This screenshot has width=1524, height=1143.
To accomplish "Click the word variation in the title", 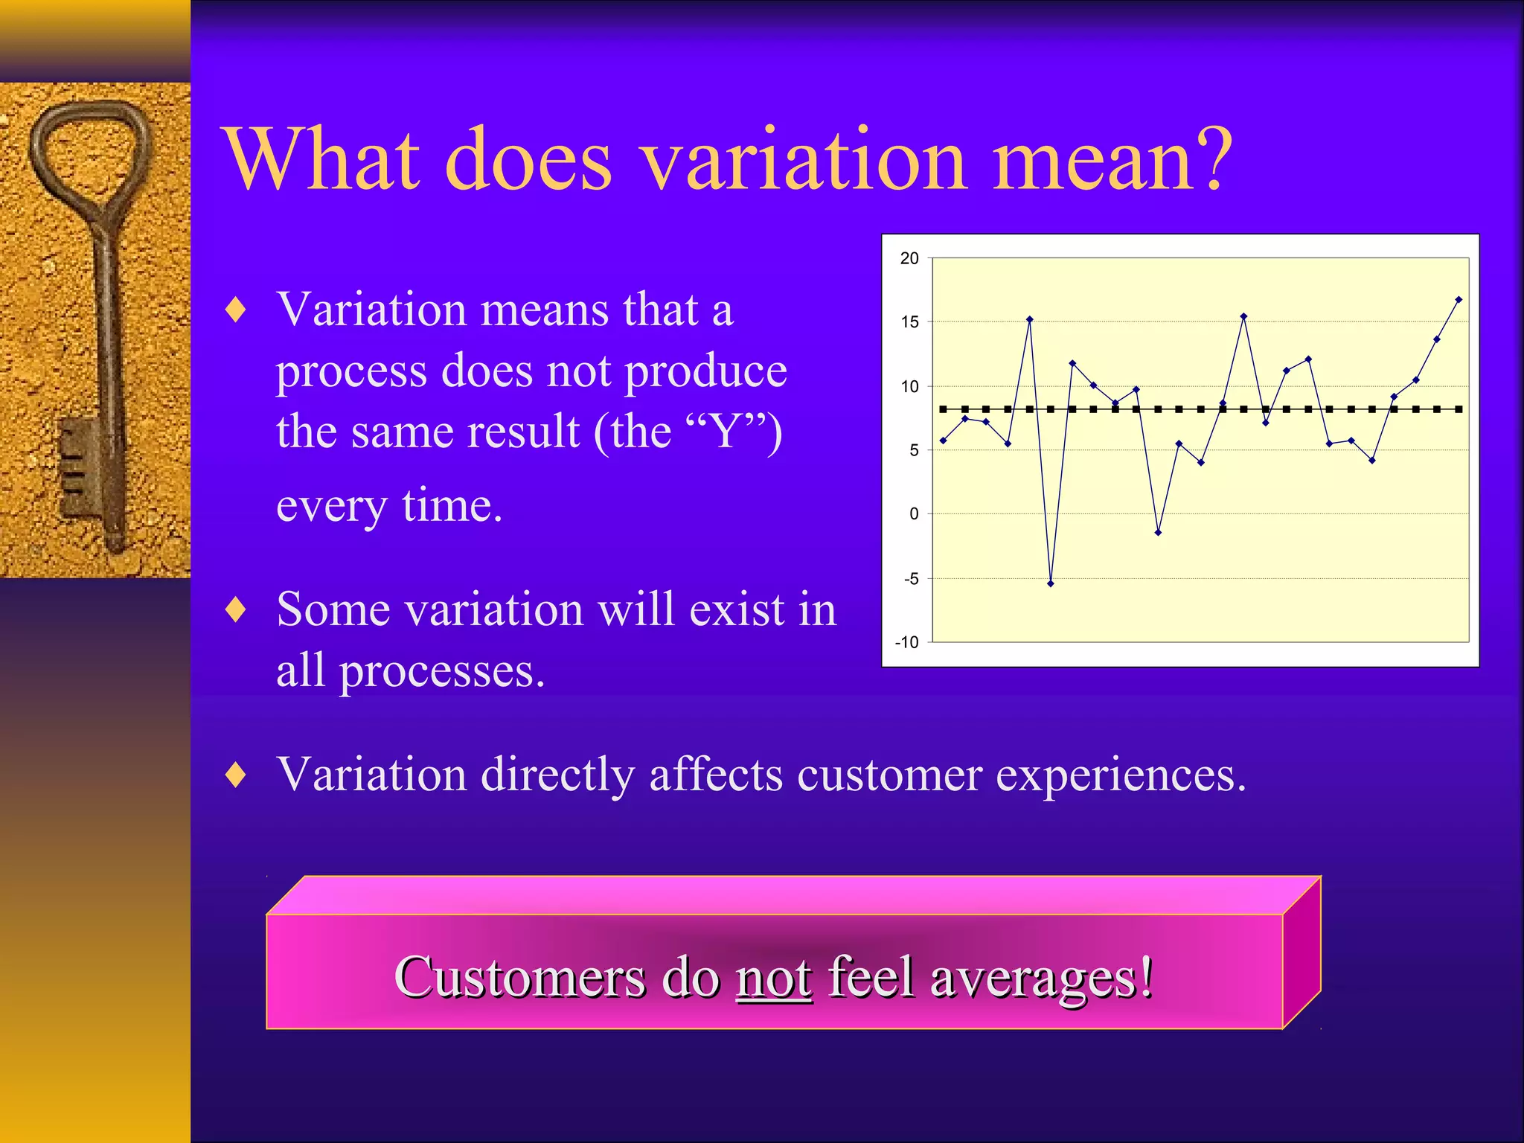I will [x=804, y=160].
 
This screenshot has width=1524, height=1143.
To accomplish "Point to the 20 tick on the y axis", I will [x=909, y=258].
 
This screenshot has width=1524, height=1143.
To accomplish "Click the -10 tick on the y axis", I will [x=907, y=642].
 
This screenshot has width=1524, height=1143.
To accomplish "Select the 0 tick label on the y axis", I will [x=914, y=514].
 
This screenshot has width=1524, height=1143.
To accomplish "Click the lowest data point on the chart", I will [x=1051, y=584].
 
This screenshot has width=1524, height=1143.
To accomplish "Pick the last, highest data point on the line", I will [x=1459, y=300].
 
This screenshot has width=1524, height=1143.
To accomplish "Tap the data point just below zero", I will [x=1158, y=533].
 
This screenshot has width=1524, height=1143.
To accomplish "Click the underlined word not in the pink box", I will [x=774, y=977].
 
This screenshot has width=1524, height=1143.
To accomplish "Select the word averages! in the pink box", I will [x=1042, y=977].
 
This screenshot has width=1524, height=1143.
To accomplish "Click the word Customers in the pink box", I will [x=519, y=977].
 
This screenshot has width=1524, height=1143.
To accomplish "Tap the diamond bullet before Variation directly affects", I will [x=236, y=775].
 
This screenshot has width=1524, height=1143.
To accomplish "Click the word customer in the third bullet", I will [x=889, y=775].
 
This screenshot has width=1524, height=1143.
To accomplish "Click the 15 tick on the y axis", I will [x=909, y=322].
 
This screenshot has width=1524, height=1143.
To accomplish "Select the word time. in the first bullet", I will [x=452, y=506].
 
